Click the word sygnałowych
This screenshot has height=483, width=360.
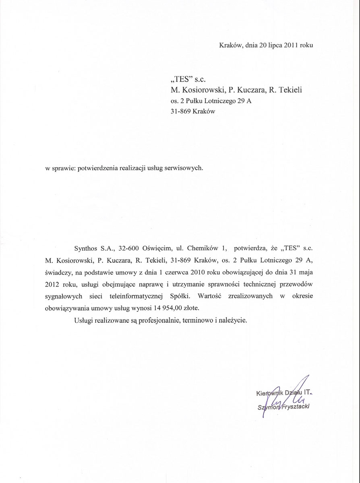(x=64, y=296)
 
